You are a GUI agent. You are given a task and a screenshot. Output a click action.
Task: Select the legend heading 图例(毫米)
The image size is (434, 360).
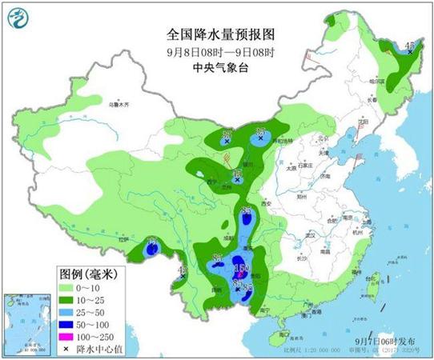(x=88, y=274)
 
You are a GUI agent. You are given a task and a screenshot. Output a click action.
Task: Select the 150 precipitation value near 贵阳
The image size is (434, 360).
(x=245, y=267)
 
